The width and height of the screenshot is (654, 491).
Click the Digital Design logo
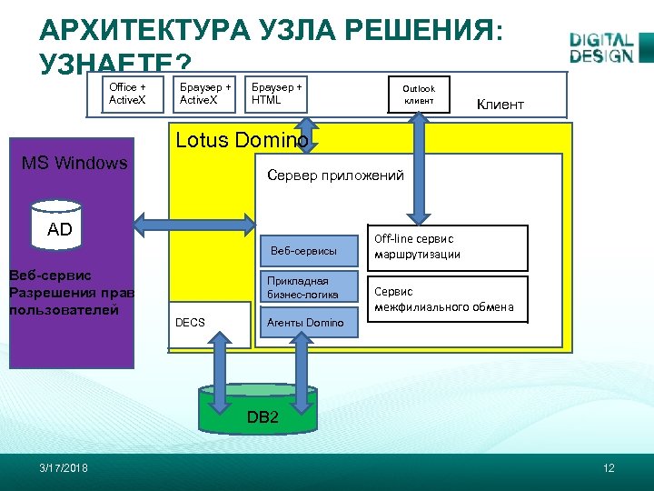coord(601,48)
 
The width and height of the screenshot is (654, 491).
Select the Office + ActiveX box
coord(129,94)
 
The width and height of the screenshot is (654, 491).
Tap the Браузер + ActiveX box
coord(205,94)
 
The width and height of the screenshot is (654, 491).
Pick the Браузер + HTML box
coord(276,94)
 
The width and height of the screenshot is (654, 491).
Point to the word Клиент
coord(500,105)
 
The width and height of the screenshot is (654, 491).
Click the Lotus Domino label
coord(241,140)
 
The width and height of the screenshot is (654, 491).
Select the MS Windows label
coord(74,163)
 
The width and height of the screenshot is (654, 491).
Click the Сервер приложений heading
coord(335,175)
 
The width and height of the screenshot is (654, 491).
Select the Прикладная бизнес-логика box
coord(303,287)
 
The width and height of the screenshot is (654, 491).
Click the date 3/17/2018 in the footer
coord(64,467)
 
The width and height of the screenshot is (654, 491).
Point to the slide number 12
coord(609,467)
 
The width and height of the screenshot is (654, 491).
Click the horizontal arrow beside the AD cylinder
coord(195,220)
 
